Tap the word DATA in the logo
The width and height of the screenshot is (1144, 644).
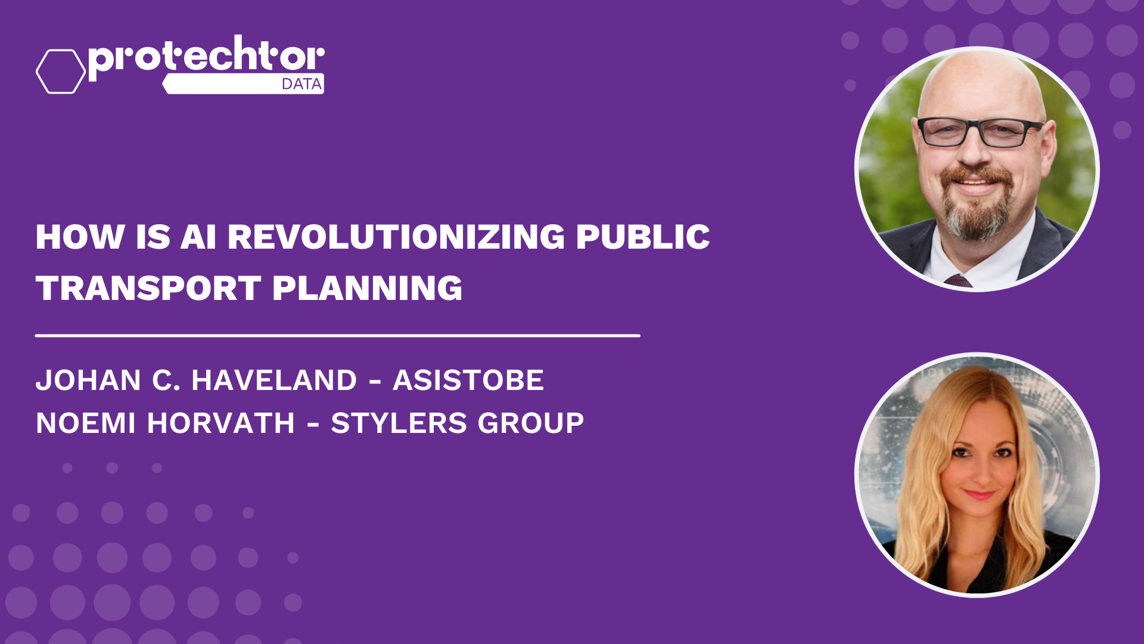click(x=301, y=84)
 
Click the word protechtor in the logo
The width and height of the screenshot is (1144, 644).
click(x=206, y=57)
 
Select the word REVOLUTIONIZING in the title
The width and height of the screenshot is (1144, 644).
click(x=396, y=237)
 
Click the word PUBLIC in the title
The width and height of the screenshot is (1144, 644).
click(x=642, y=237)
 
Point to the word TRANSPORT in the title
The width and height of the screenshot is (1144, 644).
click(x=148, y=289)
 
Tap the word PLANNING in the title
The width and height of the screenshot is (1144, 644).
click(x=367, y=289)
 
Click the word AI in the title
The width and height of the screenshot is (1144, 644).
click(x=198, y=237)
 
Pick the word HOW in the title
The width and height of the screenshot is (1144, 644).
click(x=80, y=237)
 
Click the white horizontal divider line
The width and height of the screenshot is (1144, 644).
click(x=338, y=336)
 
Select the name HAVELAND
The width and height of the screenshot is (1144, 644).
click(x=274, y=380)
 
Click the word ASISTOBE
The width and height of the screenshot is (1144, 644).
click(x=468, y=380)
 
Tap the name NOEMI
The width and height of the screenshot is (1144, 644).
click(x=86, y=423)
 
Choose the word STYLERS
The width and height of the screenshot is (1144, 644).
click(x=399, y=423)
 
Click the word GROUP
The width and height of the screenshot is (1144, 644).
click(x=530, y=423)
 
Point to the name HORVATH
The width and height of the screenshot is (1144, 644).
click(x=220, y=423)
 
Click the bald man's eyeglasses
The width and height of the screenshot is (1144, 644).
click(x=980, y=132)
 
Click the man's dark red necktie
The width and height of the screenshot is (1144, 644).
click(x=959, y=280)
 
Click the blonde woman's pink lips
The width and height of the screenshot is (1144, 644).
click(x=979, y=494)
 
